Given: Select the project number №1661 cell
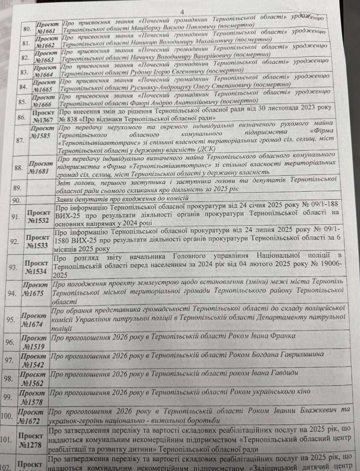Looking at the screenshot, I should click(48, 28).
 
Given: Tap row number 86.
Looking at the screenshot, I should click(20, 117).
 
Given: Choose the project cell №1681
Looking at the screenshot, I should click(40, 167).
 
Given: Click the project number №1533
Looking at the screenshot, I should click(39, 242).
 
